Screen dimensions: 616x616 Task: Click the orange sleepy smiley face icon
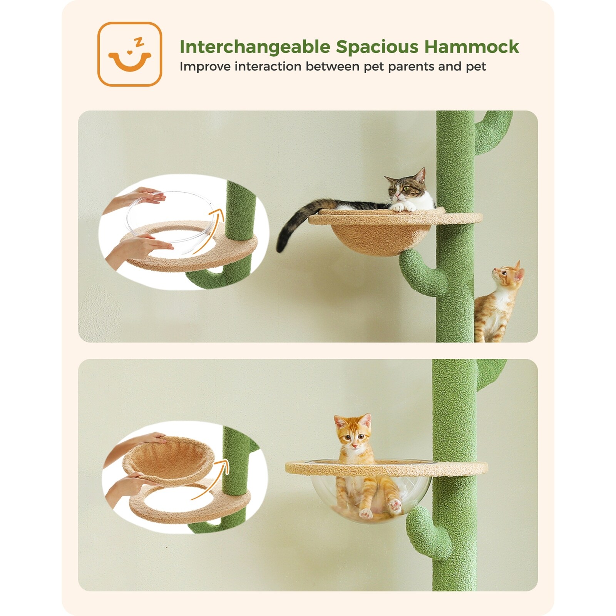(129, 54)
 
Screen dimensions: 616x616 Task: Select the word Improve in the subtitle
(204, 67)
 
